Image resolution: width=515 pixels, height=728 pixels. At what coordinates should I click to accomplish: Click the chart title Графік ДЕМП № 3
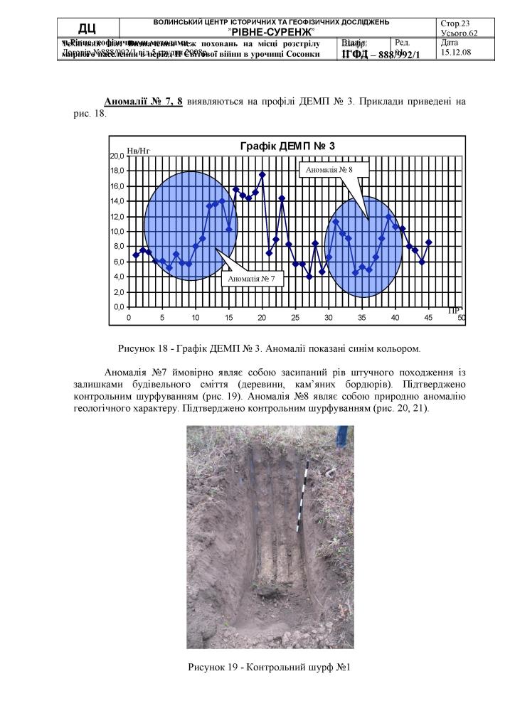tap(287, 146)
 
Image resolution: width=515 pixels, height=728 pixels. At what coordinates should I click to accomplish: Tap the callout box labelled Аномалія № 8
tap(328, 170)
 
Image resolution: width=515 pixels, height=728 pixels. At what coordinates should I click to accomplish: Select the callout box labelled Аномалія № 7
tap(252, 279)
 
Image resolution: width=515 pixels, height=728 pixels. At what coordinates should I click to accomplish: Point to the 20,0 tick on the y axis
tap(117, 156)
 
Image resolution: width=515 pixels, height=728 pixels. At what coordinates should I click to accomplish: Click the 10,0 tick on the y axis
tap(117, 232)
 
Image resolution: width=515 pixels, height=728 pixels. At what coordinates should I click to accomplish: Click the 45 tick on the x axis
tap(428, 317)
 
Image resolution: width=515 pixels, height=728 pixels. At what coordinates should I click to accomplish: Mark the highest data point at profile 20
tap(262, 174)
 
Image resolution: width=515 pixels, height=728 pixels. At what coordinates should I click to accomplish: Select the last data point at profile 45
tap(429, 242)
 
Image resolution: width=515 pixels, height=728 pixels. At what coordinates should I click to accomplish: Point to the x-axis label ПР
tap(454, 310)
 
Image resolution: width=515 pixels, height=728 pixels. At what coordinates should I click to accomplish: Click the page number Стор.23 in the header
tap(456, 23)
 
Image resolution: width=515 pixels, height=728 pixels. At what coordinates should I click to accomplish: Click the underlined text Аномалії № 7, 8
tap(143, 102)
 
